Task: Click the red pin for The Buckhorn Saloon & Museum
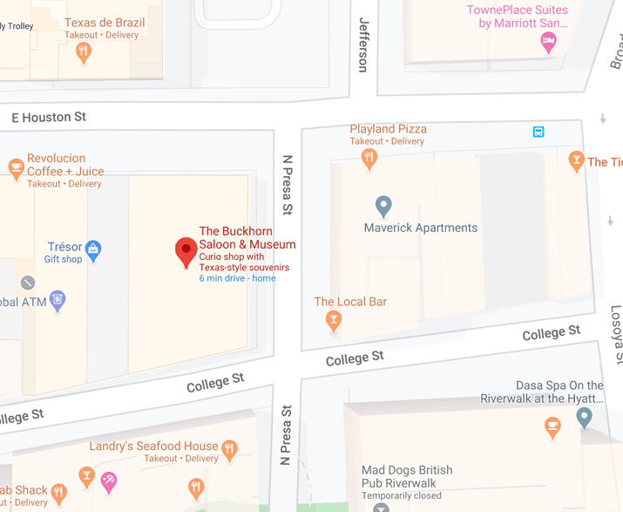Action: coord(186,251)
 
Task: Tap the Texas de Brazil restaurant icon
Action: coord(84,52)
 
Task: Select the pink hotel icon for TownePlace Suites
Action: coord(548,41)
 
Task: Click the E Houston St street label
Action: coord(49,117)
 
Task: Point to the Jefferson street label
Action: coord(363,45)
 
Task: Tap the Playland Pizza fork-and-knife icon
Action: coord(369,158)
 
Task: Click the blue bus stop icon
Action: coord(538,132)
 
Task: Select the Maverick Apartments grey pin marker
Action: coord(383,206)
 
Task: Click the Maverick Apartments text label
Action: coord(420,228)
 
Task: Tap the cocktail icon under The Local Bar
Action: coord(332,322)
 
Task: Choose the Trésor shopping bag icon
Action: coord(93,250)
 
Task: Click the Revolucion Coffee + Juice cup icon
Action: coord(15,168)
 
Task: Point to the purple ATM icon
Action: coord(58,301)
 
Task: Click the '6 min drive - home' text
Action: coord(237,278)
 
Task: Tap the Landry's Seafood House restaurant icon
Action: coord(229,449)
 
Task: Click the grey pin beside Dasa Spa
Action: coord(585,418)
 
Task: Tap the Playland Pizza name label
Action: coord(388,129)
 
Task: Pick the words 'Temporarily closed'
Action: coord(403,495)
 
